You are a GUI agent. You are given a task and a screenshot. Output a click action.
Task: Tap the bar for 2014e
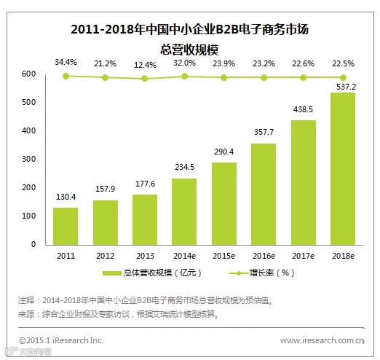tap(184, 211)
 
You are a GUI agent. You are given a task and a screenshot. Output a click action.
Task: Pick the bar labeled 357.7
tap(264, 194)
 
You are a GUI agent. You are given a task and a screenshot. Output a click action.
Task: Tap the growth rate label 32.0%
tap(184, 62)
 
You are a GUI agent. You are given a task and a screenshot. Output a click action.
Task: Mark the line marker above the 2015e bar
tap(224, 77)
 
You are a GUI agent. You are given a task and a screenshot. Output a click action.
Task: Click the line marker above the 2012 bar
tap(106, 77)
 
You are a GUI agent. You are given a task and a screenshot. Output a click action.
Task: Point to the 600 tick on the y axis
tap(28, 74)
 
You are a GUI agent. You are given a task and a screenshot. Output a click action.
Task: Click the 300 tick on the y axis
tap(28, 160)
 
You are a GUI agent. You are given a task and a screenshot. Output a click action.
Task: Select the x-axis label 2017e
tap(303, 255)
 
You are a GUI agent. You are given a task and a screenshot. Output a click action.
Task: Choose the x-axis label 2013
tap(145, 255)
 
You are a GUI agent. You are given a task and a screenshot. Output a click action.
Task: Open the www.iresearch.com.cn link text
tap(321, 340)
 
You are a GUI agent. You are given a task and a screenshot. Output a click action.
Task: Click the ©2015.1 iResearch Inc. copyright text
tap(61, 340)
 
